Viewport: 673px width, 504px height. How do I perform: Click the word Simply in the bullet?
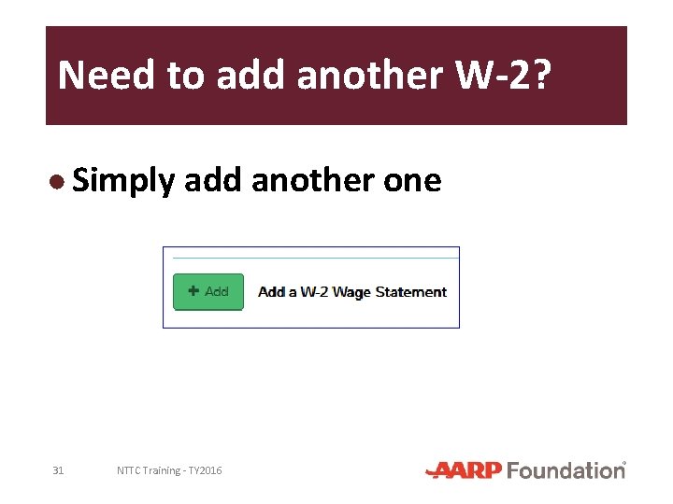tap(122, 181)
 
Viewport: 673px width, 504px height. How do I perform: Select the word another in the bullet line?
tap(313, 181)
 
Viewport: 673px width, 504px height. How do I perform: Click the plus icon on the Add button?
tap(193, 291)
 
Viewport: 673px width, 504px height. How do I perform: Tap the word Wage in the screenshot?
tap(351, 292)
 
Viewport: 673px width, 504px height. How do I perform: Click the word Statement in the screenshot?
tap(411, 292)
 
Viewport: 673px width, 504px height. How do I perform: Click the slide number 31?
tap(58, 470)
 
